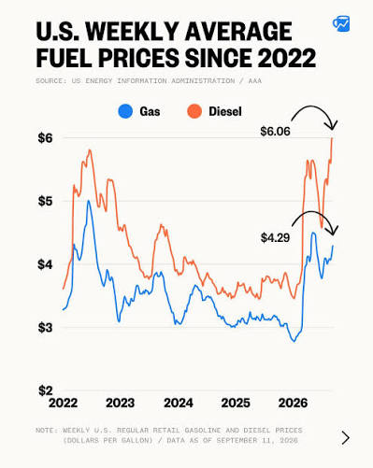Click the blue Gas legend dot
click(x=125, y=111)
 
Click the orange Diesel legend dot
click(x=194, y=111)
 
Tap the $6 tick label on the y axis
click(x=46, y=138)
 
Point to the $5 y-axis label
click(x=46, y=201)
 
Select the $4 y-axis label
click(x=46, y=264)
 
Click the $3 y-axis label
click(x=46, y=328)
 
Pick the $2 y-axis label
click(x=46, y=390)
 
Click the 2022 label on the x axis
click(x=63, y=403)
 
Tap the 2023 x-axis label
click(x=121, y=403)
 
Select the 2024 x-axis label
click(x=179, y=403)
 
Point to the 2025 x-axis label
click(x=236, y=403)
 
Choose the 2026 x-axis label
click(x=293, y=403)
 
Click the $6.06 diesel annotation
click(x=275, y=132)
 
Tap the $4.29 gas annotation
click(x=275, y=238)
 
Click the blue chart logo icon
click(x=341, y=23)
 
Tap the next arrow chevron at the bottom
click(x=345, y=438)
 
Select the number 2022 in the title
click(x=287, y=58)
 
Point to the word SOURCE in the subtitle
click(x=49, y=81)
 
